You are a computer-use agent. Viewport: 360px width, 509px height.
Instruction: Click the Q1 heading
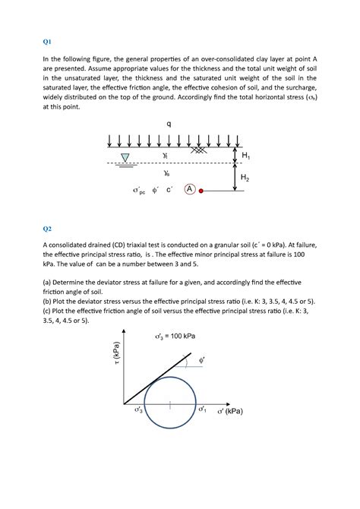[46, 43]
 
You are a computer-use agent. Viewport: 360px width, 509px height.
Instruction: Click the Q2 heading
[46, 227]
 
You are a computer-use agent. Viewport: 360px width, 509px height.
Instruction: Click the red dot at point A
[201, 191]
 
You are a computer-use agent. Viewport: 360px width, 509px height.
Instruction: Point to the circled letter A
[189, 188]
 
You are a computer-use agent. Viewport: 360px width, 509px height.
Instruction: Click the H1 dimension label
[245, 155]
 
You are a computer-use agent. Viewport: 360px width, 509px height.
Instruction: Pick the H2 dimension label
[245, 178]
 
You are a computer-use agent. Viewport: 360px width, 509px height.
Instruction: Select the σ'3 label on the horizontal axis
[140, 410]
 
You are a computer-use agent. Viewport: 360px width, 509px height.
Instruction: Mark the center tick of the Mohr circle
[170, 405]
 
